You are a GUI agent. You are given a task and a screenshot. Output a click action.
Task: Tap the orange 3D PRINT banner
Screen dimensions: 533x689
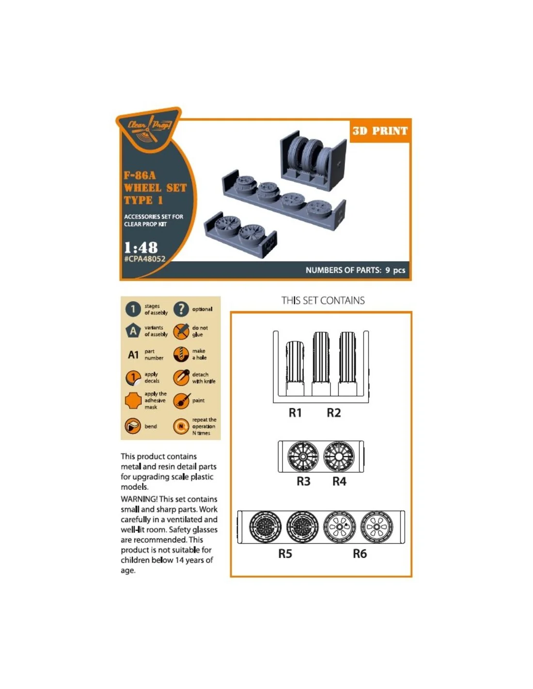click(379, 131)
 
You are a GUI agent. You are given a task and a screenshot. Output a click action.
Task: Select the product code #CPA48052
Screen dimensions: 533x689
click(144, 259)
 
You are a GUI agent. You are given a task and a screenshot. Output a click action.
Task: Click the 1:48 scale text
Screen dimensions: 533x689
click(141, 247)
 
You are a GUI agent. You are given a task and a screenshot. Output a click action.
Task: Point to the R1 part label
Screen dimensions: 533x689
click(295, 412)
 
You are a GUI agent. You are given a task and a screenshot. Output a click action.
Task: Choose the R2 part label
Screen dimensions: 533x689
click(334, 412)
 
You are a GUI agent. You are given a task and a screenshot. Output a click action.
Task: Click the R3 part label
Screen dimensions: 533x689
click(303, 481)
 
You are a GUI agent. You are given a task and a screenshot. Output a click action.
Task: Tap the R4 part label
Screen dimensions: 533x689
click(339, 481)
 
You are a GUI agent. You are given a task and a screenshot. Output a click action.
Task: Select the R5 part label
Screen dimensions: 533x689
click(285, 554)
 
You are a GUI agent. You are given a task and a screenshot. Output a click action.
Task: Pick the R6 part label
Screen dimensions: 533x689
click(360, 554)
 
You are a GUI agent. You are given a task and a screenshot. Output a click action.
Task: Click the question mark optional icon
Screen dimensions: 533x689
click(181, 309)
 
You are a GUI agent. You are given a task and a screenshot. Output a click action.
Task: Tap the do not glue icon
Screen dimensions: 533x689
click(181, 331)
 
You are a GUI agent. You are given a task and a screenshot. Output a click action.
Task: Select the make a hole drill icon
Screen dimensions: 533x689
click(181, 354)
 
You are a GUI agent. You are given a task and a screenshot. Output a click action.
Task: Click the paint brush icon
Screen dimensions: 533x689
click(182, 401)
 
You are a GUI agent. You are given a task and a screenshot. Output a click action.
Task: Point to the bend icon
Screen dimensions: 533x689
click(133, 426)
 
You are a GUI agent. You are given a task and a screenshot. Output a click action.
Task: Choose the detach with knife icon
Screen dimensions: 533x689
click(181, 377)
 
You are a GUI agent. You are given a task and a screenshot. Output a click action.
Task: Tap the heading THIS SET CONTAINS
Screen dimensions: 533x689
click(323, 300)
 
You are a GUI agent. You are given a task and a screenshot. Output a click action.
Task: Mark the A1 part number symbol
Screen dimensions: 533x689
click(133, 355)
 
